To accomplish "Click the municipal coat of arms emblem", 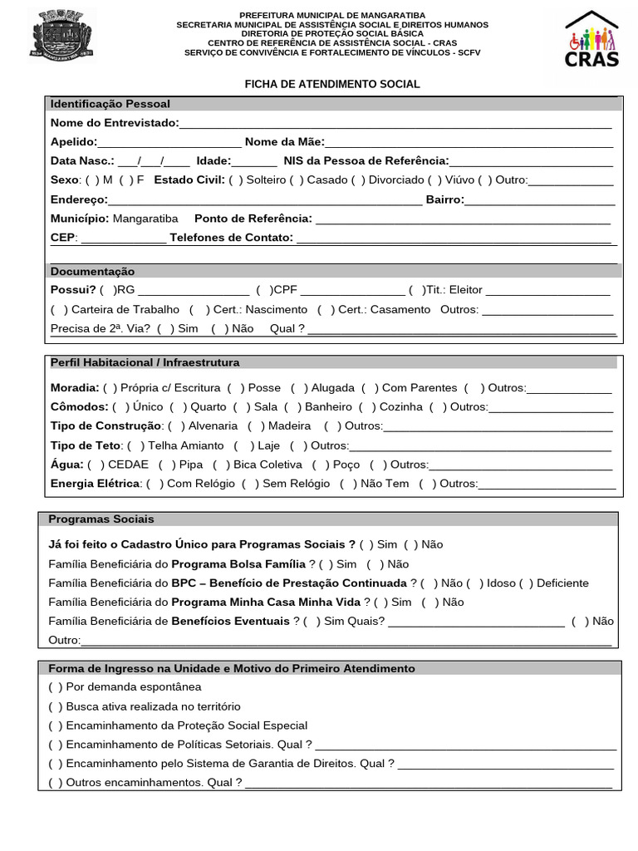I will (62, 36).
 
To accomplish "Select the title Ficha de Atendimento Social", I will (331, 84).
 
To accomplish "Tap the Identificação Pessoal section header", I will (110, 104).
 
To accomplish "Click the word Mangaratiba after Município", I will (145, 219).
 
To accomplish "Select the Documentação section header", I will (92, 272).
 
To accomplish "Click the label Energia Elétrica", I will (95, 484).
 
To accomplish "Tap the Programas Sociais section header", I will (101, 519).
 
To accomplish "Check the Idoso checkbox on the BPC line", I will (475, 583).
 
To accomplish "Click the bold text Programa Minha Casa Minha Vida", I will (266, 602).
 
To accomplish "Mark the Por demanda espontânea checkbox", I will (56, 687).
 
